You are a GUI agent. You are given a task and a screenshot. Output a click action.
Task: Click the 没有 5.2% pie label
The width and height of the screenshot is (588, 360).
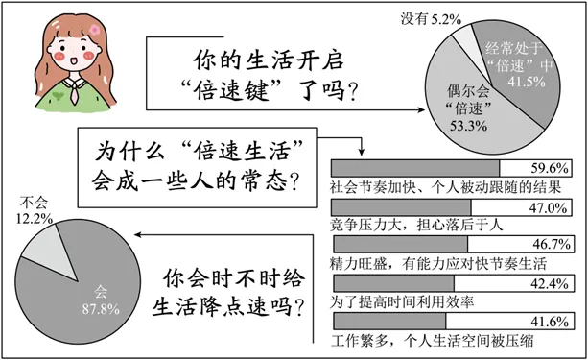tap(421, 16)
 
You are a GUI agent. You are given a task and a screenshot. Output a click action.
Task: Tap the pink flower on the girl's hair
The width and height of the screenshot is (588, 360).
tap(96, 28)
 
